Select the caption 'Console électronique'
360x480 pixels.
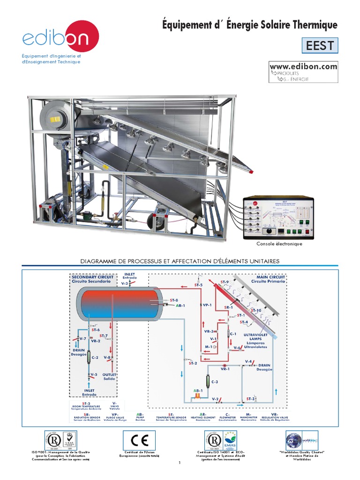click(x=279, y=244)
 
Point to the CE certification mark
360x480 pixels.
click(x=139, y=440)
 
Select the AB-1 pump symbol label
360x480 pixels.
click(x=198, y=390)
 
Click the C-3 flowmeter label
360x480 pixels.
click(x=215, y=382)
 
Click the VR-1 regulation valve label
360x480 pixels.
click(x=225, y=369)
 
